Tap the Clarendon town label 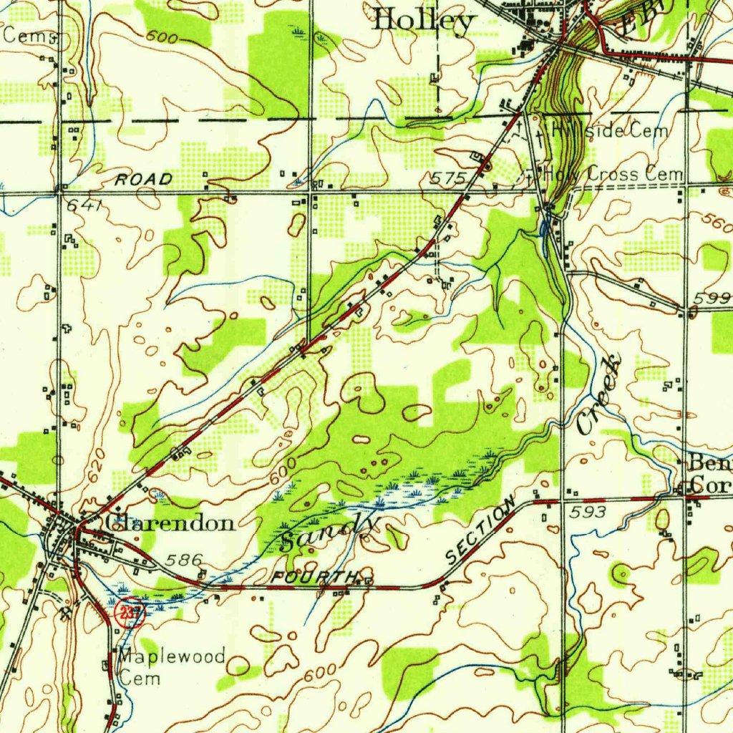170,523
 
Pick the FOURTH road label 314,577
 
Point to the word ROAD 144,179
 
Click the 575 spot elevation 448,178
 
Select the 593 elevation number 589,512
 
